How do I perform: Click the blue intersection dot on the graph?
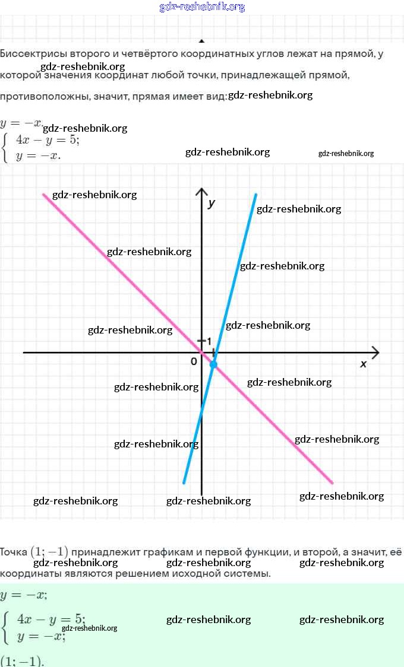tap(213, 364)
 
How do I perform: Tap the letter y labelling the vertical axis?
tap(212, 203)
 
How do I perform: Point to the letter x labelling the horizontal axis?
tap(364, 364)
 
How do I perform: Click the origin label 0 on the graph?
tap(194, 361)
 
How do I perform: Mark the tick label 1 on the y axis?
tap(209, 341)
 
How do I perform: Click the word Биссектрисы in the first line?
tap(29, 54)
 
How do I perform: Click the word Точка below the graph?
tap(14, 552)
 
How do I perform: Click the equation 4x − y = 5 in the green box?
tap(51, 619)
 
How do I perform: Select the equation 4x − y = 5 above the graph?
tap(48, 141)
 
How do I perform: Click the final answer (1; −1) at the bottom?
tap(22, 661)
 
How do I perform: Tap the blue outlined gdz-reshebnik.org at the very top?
tap(202, 7)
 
